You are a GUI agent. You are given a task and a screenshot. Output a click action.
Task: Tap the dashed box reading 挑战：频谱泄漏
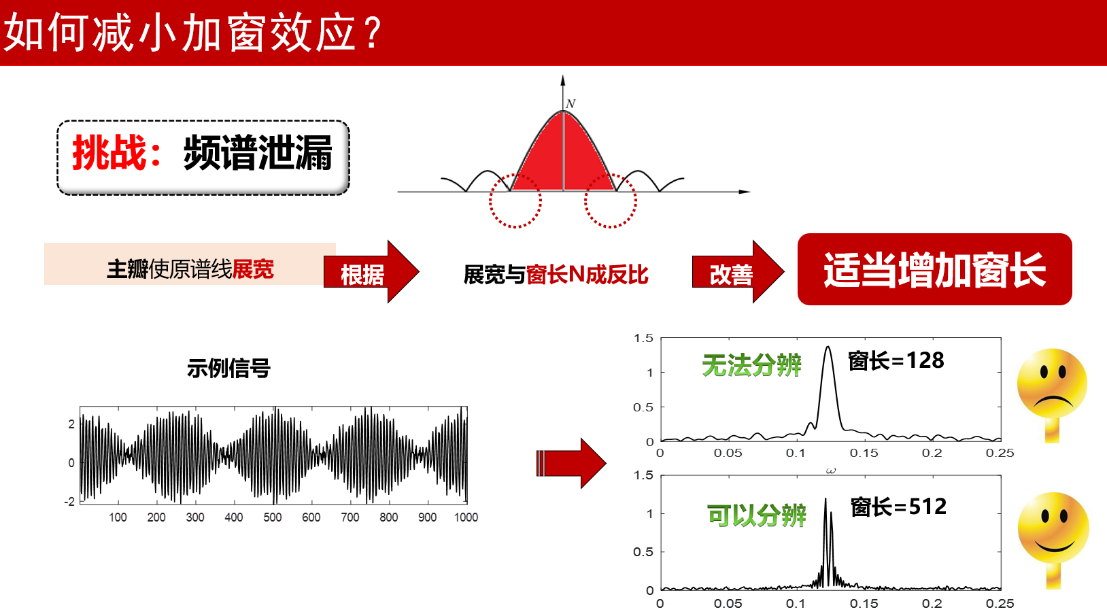[203, 157]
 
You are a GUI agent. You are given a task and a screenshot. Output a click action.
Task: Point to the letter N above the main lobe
[570, 104]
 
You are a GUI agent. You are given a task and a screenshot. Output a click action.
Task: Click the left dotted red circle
[515, 225]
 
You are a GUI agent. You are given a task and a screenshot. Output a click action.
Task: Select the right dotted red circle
[611, 225]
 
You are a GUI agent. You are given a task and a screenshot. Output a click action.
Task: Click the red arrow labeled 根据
[371, 271]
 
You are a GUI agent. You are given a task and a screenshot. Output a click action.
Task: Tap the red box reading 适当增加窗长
[934, 269]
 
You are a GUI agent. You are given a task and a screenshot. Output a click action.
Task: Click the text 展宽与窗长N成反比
[556, 275]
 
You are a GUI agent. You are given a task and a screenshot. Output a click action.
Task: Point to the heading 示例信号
[228, 369]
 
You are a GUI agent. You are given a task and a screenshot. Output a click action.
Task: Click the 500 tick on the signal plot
[272, 517]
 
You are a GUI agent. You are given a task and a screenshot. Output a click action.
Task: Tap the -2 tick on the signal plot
[69, 501]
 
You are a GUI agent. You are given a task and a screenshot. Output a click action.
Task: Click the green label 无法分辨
[751, 366]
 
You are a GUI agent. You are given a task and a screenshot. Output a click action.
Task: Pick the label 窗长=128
[896, 360]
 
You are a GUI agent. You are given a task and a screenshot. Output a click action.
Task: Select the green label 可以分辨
[757, 515]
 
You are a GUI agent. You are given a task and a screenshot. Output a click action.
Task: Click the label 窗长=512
[898, 507]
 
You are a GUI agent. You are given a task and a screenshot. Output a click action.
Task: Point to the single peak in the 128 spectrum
[828, 347]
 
